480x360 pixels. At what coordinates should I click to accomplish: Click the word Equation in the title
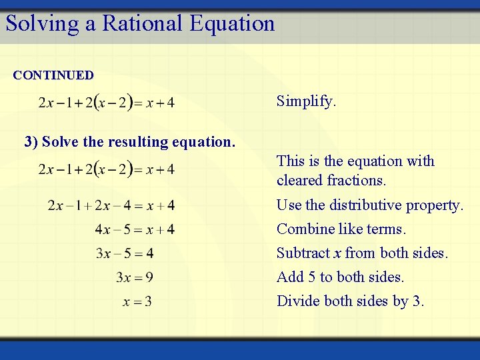[232, 23]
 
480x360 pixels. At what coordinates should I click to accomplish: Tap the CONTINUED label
[53, 75]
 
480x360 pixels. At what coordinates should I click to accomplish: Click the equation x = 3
[137, 302]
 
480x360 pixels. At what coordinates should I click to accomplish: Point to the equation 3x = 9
[134, 277]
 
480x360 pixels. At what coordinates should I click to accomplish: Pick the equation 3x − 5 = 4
[125, 253]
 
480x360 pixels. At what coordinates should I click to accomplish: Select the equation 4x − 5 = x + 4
[135, 229]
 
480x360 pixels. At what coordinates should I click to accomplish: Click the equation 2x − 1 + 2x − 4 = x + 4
[111, 205]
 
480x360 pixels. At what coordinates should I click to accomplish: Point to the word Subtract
[303, 253]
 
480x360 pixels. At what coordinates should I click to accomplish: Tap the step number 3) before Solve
[31, 142]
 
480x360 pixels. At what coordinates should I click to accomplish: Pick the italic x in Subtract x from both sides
[338, 254]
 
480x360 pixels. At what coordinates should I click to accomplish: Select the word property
[438, 206]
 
